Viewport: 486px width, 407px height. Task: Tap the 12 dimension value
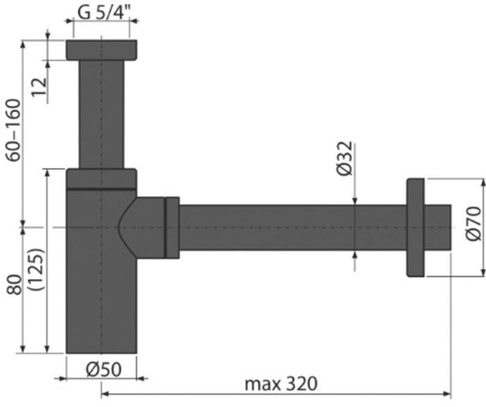coord(39,87)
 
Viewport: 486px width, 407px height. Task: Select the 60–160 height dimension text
coord(13,130)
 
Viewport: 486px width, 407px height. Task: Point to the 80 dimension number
coord(14,284)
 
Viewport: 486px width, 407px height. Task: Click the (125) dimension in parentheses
coord(38,269)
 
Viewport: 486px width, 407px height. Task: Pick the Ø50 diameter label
coord(103,369)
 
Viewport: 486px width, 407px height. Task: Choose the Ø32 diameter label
coord(344,158)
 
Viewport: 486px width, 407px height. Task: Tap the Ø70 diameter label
coord(473,223)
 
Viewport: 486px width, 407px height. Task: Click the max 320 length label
coord(281,384)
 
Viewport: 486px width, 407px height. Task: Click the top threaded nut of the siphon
coord(101,50)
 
